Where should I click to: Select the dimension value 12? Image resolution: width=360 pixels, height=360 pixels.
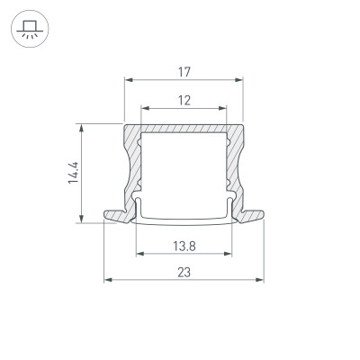click(184, 102)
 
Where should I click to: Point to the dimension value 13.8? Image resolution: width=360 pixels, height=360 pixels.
click(184, 245)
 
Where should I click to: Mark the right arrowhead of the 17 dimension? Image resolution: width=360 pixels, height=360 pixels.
click(240, 80)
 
